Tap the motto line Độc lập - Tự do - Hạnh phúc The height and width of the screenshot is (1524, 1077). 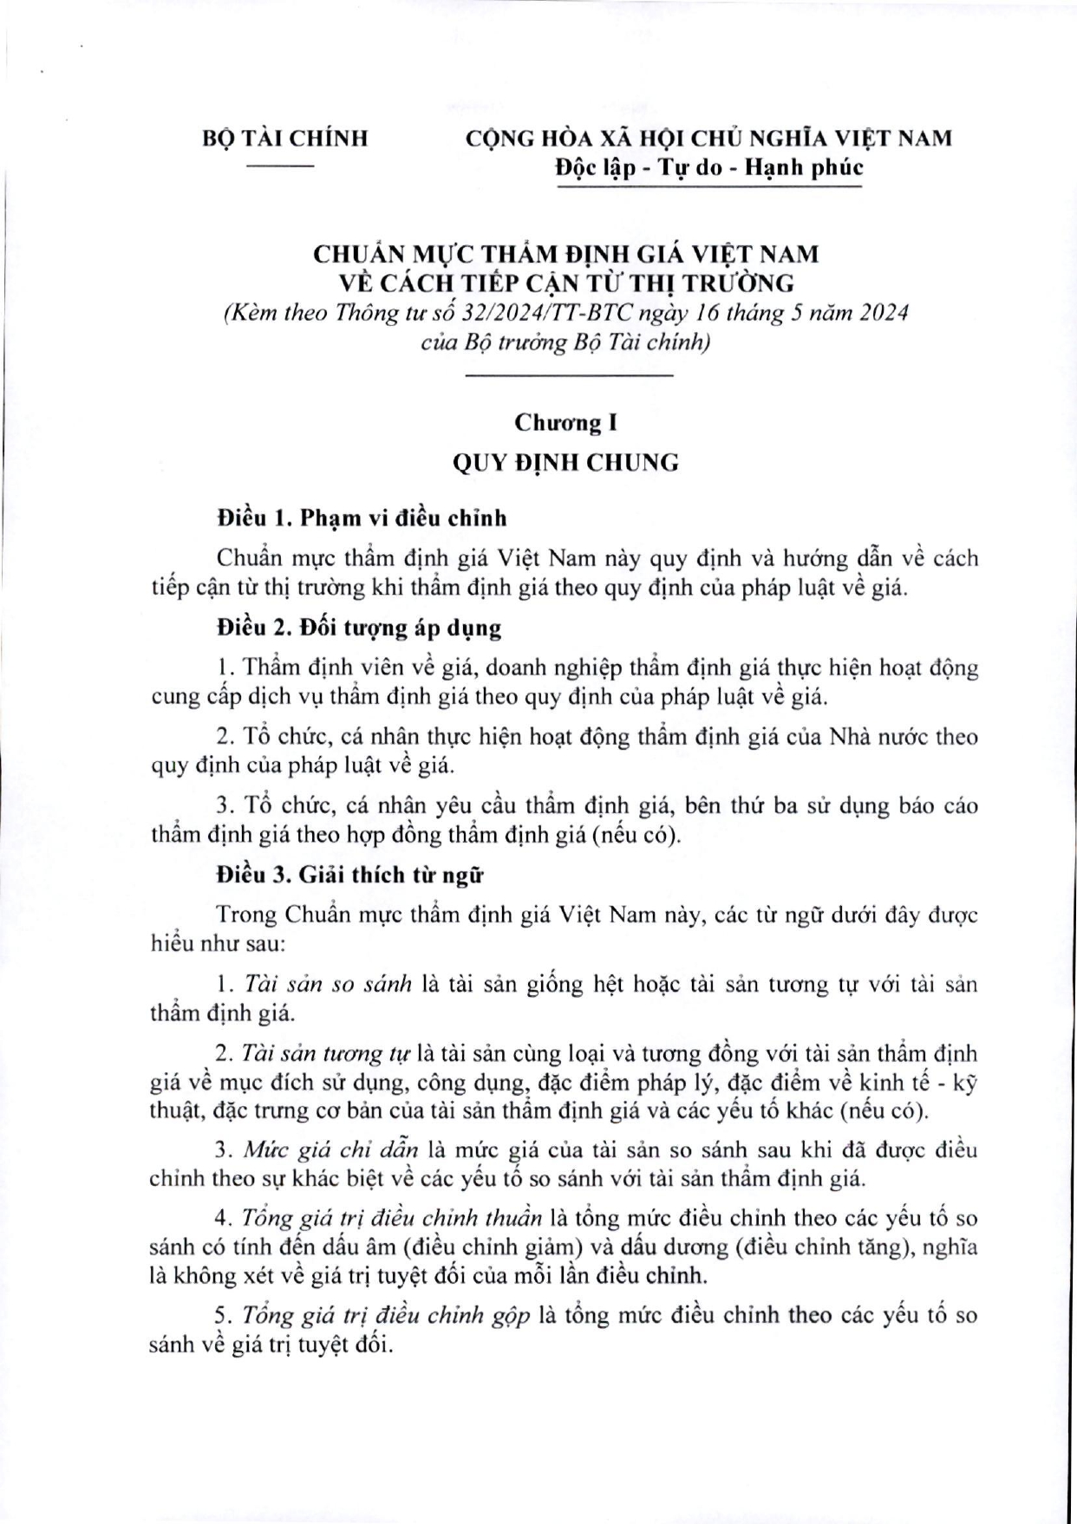pos(708,168)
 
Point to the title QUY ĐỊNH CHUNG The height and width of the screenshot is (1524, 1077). pos(565,462)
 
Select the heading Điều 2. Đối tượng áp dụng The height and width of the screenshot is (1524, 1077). pos(359,628)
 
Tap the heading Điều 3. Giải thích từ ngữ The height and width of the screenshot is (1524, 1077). pos(350,875)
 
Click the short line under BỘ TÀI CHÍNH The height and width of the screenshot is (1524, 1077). pos(279,164)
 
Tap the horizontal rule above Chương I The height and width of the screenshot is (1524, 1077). pos(570,375)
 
